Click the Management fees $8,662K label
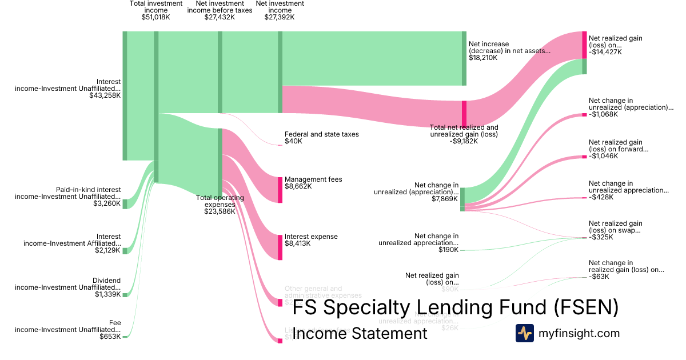click(313, 183)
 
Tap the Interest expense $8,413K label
click(311, 240)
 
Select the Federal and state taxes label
click(321, 138)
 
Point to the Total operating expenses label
click(220, 205)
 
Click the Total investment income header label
click(156, 10)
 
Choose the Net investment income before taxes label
click(220, 10)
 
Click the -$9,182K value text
click(464, 141)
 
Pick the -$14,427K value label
click(605, 52)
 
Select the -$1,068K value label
click(604, 114)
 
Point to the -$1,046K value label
click(604, 156)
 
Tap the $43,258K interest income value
click(105, 95)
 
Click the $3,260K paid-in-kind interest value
click(107, 203)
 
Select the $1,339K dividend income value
click(107, 294)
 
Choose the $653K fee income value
click(110, 337)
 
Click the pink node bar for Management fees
click(280, 190)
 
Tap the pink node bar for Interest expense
click(280, 247)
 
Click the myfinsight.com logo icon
click(524, 333)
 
